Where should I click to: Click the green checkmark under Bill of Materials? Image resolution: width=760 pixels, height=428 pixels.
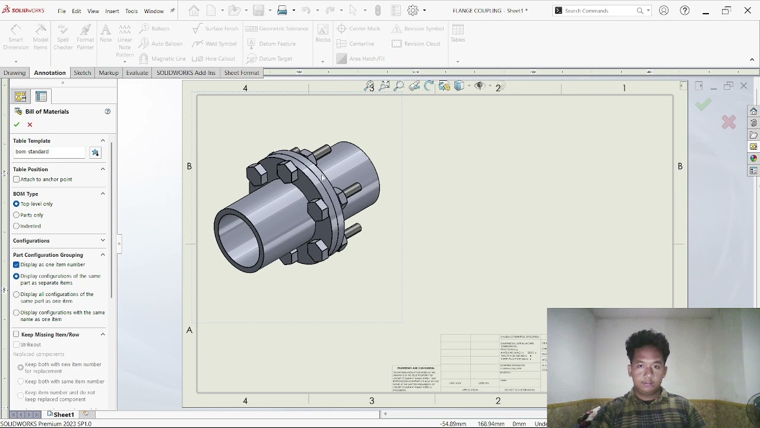tap(17, 124)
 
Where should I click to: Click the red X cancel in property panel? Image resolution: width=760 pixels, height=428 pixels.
tap(30, 124)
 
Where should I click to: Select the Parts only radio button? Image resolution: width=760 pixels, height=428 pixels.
tap(17, 215)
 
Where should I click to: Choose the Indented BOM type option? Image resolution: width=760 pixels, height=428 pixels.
tap(17, 226)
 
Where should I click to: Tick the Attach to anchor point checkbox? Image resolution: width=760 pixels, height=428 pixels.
tap(17, 180)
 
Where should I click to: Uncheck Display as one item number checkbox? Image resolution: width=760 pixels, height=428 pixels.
tap(17, 265)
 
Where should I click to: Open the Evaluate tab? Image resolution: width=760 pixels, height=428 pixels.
tap(137, 73)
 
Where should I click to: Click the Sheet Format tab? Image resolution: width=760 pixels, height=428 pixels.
tap(241, 73)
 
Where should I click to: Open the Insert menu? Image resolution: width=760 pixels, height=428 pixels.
tap(112, 11)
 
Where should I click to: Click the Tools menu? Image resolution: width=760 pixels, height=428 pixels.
tap(131, 11)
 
